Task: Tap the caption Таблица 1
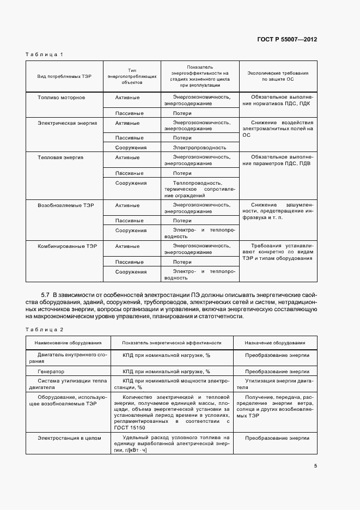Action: point(45,54)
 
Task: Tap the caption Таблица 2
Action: point(45,330)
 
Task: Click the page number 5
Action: point(316,465)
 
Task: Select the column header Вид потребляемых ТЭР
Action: point(64,76)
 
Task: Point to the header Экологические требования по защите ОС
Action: point(278,76)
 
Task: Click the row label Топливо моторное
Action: point(61,97)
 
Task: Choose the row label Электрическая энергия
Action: point(67,123)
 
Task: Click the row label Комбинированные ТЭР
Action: point(67,246)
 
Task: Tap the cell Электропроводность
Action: point(199,147)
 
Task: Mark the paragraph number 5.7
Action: point(46,294)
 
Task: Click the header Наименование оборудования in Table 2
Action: point(68,343)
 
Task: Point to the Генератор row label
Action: point(51,371)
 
